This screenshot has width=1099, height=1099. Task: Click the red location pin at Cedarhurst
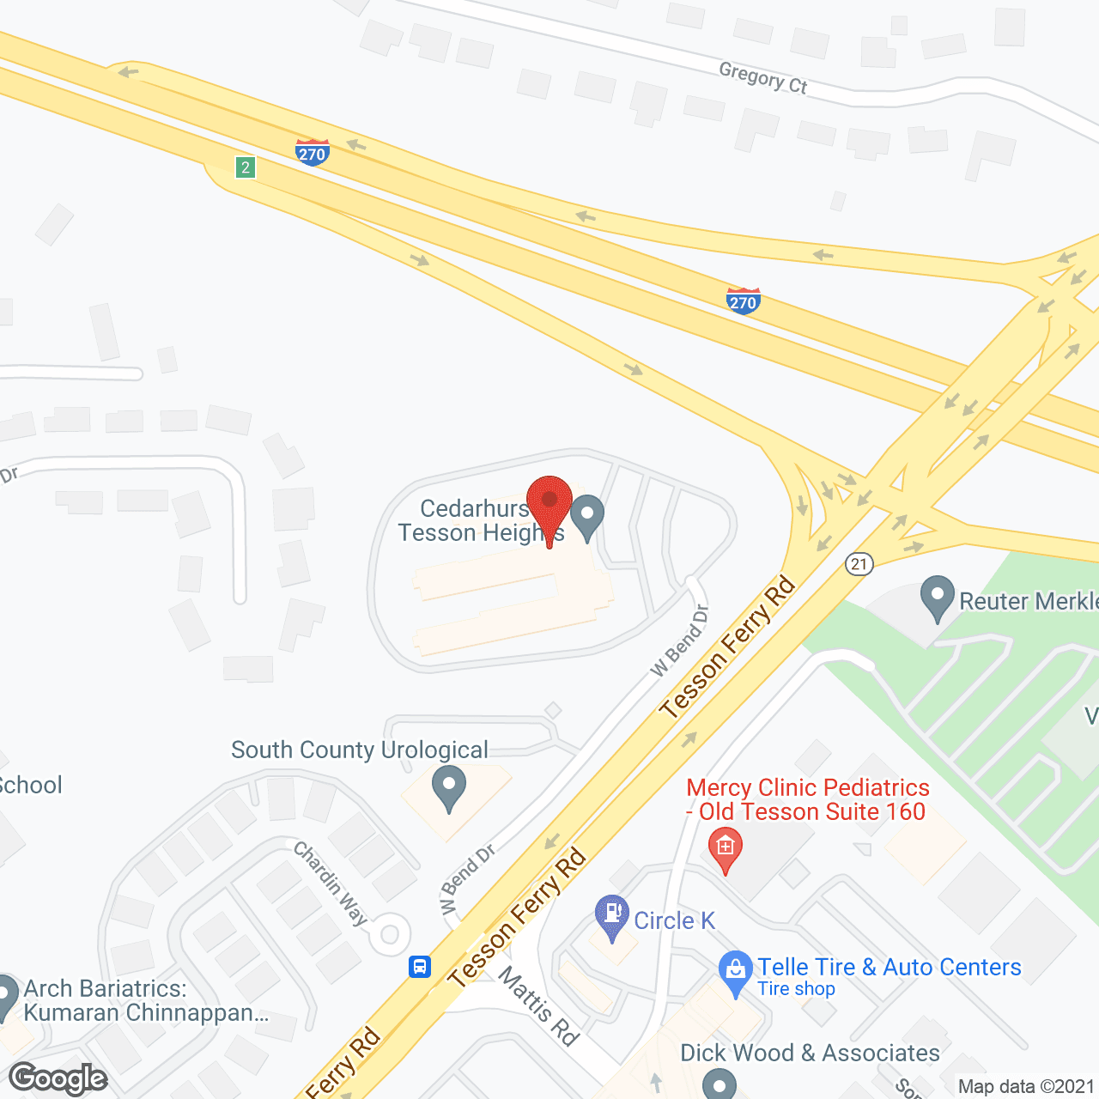point(549,503)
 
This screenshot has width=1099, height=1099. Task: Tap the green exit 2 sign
point(246,167)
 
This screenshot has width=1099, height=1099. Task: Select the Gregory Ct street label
point(763,78)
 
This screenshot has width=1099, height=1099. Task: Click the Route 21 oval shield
point(859,563)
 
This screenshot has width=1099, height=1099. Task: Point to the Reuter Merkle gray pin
point(937,597)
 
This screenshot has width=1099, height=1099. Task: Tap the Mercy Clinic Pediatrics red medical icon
point(726,848)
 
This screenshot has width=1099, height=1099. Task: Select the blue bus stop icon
point(419,967)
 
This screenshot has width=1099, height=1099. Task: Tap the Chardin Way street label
point(331,883)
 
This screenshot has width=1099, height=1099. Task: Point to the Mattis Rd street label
point(538,1005)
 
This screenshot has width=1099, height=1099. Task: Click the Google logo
point(58,1078)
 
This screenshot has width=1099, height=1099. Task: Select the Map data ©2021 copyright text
point(1027,1087)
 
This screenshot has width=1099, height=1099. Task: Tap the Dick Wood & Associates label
point(810,1053)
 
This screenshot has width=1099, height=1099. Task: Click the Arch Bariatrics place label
point(146,1000)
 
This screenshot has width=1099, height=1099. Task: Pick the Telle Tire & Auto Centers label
point(889,967)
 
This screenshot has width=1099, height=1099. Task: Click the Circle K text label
point(674,920)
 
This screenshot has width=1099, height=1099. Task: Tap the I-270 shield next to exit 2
point(312,153)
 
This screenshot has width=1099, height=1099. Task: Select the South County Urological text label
point(359,750)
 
